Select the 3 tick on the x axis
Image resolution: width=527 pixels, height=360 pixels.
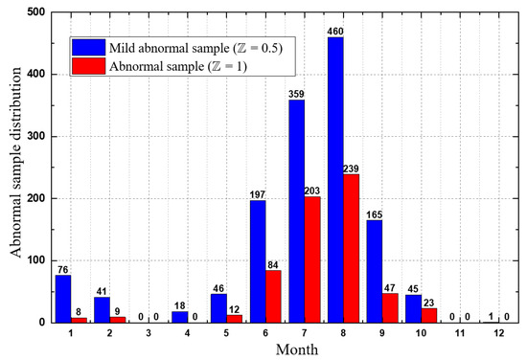(148, 334)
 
